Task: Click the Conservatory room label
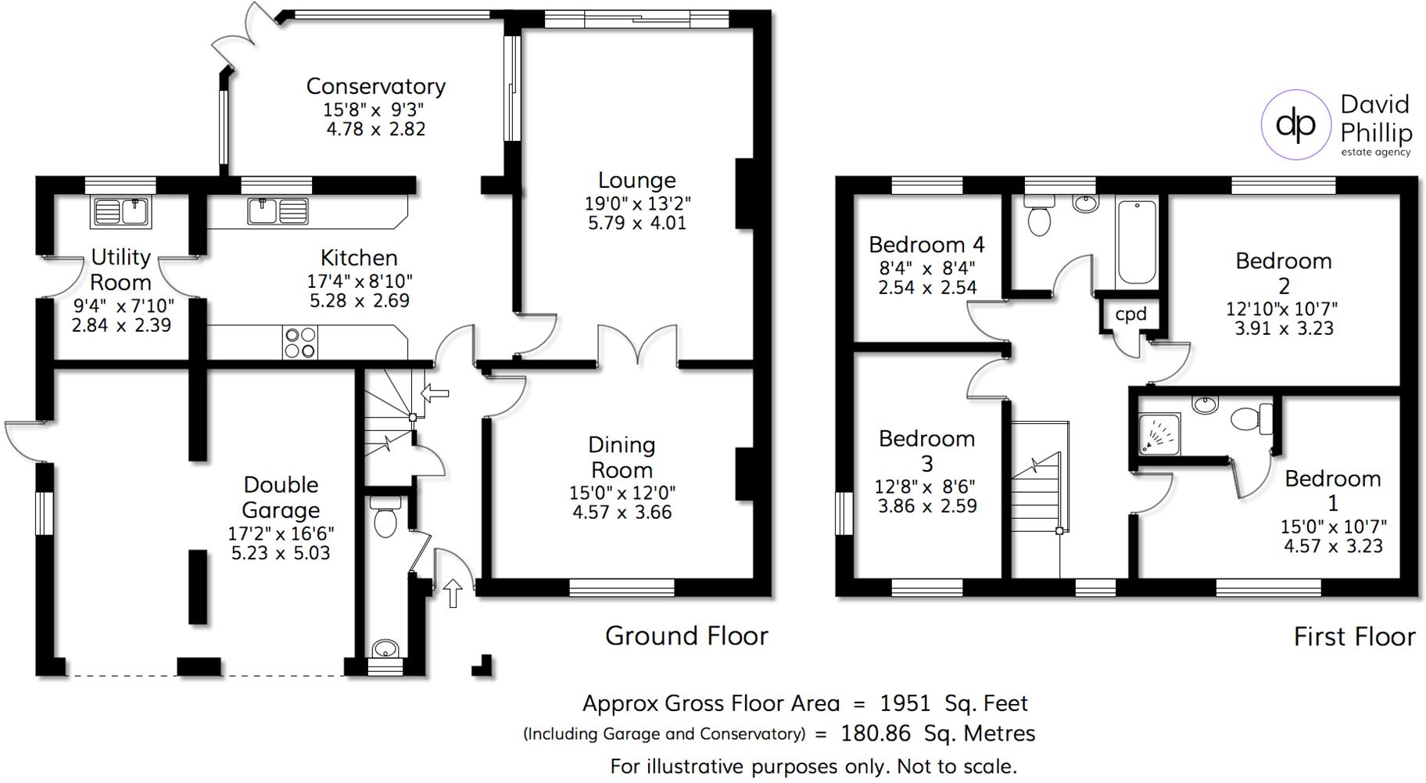(x=375, y=86)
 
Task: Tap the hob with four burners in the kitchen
(x=300, y=343)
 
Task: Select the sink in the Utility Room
(x=121, y=212)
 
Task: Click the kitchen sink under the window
(x=278, y=211)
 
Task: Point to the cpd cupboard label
(x=1130, y=314)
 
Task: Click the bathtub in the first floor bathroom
(x=1136, y=242)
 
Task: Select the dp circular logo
(x=1295, y=124)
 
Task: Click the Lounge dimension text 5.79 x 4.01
(x=636, y=223)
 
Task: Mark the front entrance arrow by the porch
(x=453, y=592)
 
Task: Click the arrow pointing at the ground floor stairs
(x=435, y=393)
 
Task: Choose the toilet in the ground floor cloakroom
(x=385, y=518)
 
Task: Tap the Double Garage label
(x=281, y=497)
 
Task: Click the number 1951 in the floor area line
(x=905, y=703)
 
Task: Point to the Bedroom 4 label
(x=926, y=245)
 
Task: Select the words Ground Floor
(x=686, y=636)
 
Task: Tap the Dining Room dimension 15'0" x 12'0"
(x=622, y=493)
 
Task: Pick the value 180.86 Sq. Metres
(x=937, y=734)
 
